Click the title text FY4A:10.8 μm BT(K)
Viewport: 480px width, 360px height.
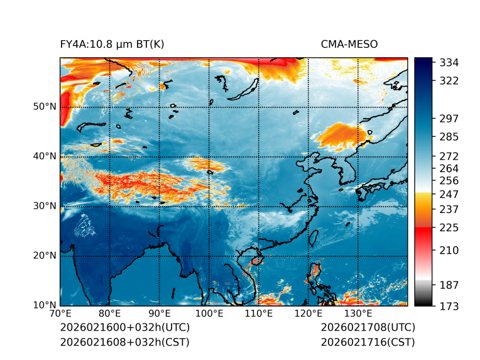pos(112,44)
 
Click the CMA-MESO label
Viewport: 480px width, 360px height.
pos(349,44)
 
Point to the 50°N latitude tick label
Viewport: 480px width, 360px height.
pos(45,106)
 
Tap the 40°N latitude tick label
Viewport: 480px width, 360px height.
pos(45,156)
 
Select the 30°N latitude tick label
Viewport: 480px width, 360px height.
pos(45,205)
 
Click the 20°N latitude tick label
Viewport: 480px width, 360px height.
pos(45,255)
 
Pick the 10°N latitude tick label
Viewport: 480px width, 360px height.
pos(45,305)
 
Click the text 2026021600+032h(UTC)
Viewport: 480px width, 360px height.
pos(124,328)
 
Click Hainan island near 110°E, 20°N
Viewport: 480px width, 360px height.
pos(256,260)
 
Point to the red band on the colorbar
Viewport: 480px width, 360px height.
pos(423,232)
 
